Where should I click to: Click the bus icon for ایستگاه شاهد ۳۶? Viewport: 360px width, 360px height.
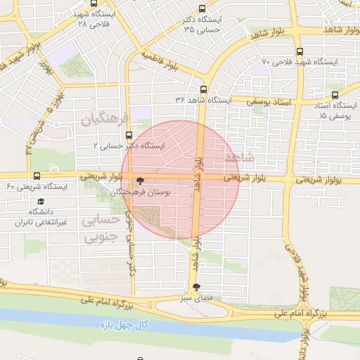point(203,89)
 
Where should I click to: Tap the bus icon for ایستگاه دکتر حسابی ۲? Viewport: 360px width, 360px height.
point(128,135)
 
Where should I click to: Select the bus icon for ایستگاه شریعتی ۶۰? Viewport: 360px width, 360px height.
point(37,176)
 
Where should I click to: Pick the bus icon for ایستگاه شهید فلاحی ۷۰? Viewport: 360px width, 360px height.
point(300,51)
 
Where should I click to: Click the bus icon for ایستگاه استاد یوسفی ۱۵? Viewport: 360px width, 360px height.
point(335,94)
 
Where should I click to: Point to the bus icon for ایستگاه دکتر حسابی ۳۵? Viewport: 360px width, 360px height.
point(202,9)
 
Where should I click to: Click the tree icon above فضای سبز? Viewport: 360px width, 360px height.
point(196,287)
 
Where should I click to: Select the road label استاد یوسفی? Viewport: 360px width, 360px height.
point(269,102)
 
